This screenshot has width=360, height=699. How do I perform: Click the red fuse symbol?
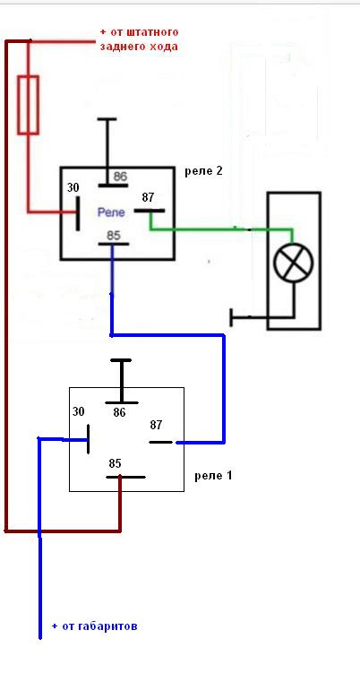point(28,105)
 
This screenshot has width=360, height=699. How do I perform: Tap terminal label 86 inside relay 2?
point(120,177)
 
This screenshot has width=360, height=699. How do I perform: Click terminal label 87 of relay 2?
point(149,197)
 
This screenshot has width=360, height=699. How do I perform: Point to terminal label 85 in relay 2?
point(114,235)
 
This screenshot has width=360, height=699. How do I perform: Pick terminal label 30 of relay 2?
point(73,188)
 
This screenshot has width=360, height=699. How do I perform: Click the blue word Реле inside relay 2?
point(111,212)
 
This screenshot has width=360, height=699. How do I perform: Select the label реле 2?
point(203,171)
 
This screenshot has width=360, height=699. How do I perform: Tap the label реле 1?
point(213,475)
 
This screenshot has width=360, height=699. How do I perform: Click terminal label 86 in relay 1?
point(119,413)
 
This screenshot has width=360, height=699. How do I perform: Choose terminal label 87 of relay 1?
point(156,426)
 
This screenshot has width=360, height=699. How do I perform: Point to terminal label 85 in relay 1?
point(115,463)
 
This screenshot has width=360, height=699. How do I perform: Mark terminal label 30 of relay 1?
point(79,411)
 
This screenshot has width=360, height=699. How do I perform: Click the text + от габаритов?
point(94,626)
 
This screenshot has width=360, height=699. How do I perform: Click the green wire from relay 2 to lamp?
point(221,229)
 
